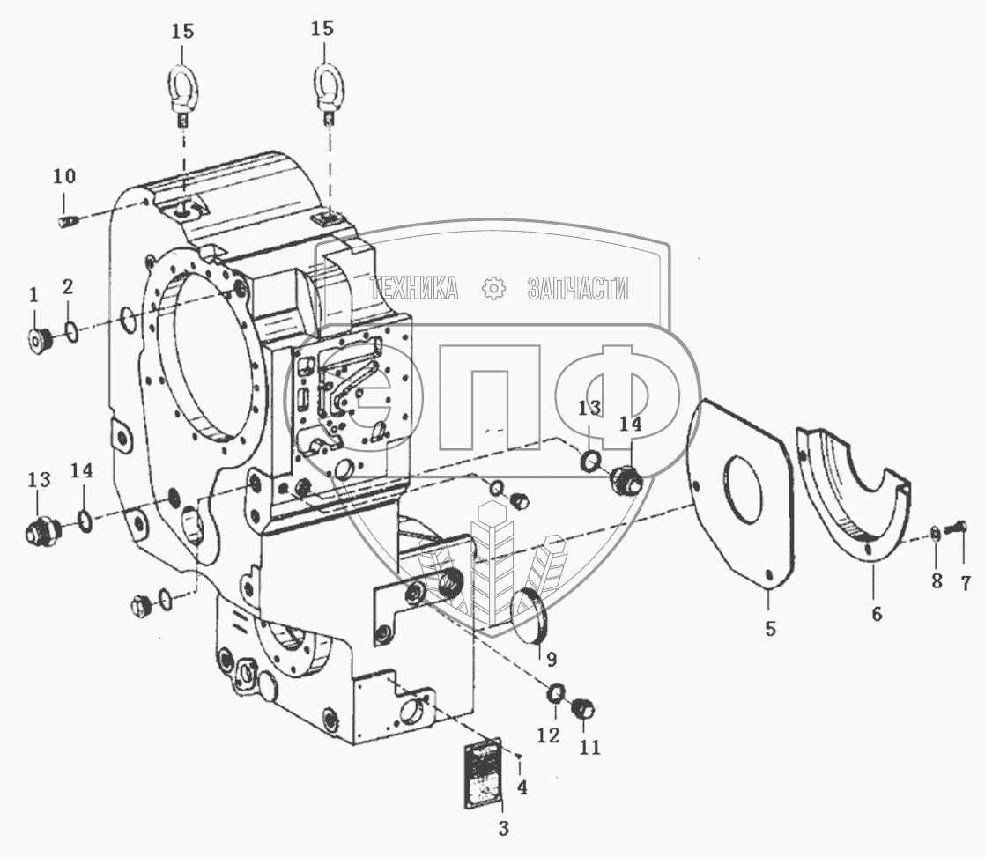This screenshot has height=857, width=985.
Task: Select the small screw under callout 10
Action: click(68, 220)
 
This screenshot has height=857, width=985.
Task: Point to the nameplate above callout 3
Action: click(482, 772)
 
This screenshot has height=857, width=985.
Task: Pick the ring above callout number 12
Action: click(557, 695)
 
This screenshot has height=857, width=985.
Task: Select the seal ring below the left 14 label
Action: click(85, 521)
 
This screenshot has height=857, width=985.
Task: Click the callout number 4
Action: click(522, 787)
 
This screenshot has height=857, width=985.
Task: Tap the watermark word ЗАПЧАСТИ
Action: click(577, 287)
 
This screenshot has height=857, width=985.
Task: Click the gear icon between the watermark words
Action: click(494, 287)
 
